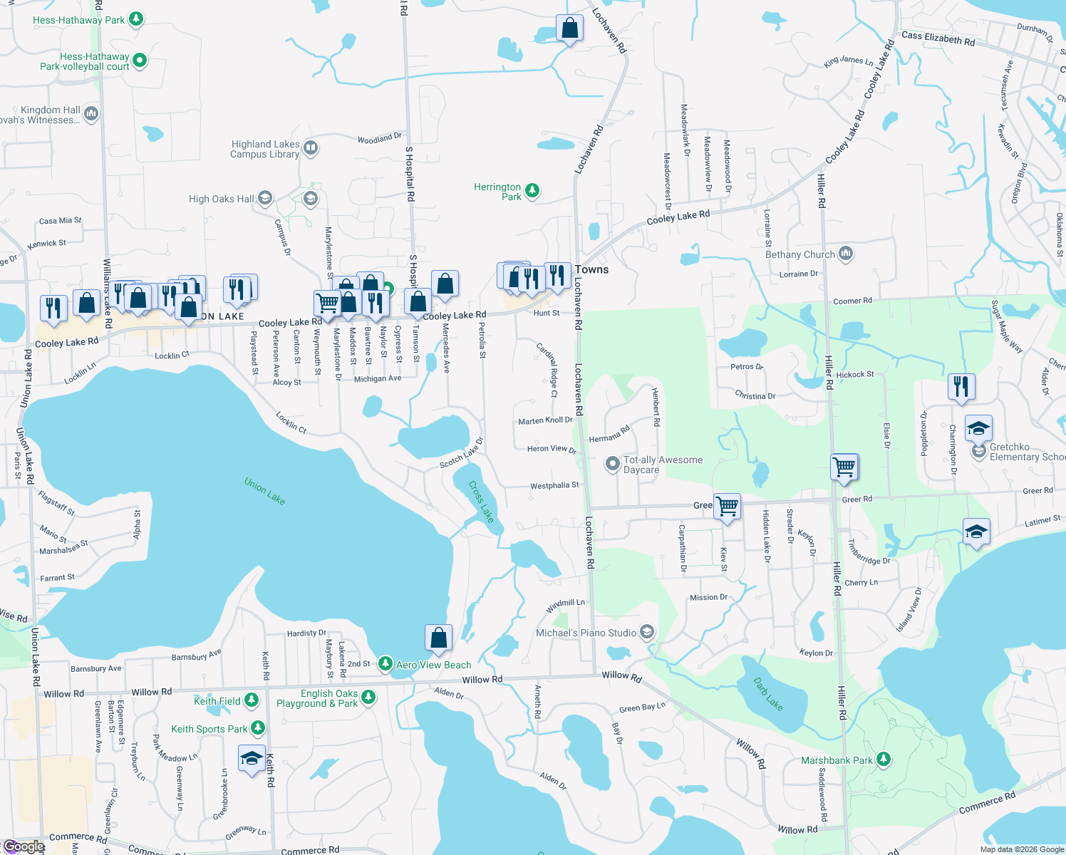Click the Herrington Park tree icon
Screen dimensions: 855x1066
click(x=532, y=191)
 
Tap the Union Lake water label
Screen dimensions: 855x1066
click(x=264, y=491)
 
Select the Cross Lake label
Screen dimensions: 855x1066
click(x=481, y=502)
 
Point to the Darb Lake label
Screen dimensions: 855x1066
click(x=768, y=694)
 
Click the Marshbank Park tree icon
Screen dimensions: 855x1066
click(x=884, y=760)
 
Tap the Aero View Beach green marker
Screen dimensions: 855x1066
click(x=385, y=664)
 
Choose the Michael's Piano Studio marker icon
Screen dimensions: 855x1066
click(x=646, y=632)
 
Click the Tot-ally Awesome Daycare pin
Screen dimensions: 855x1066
click(x=612, y=464)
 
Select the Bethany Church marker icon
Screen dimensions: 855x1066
click(x=846, y=254)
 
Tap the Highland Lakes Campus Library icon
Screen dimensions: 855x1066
click(x=311, y=148)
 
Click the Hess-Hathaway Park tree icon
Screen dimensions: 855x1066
click(x=136, y=19)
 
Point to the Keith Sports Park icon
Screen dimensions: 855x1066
click(x=258, y=728)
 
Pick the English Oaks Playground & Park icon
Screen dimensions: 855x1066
click(x=368, y=698)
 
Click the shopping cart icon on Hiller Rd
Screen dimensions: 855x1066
click(x=844, y=467)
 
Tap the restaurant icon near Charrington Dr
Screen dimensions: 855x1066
click(x=961, y=386)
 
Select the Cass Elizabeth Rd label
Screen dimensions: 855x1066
click(x=938, y=38)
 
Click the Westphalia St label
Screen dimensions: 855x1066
click(x=554, y=486)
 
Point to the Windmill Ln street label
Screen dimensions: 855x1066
click(x=565, y=606)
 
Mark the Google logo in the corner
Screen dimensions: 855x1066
click(x=24, y=846)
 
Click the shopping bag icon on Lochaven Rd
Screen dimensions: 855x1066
click(x=569, y=28)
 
